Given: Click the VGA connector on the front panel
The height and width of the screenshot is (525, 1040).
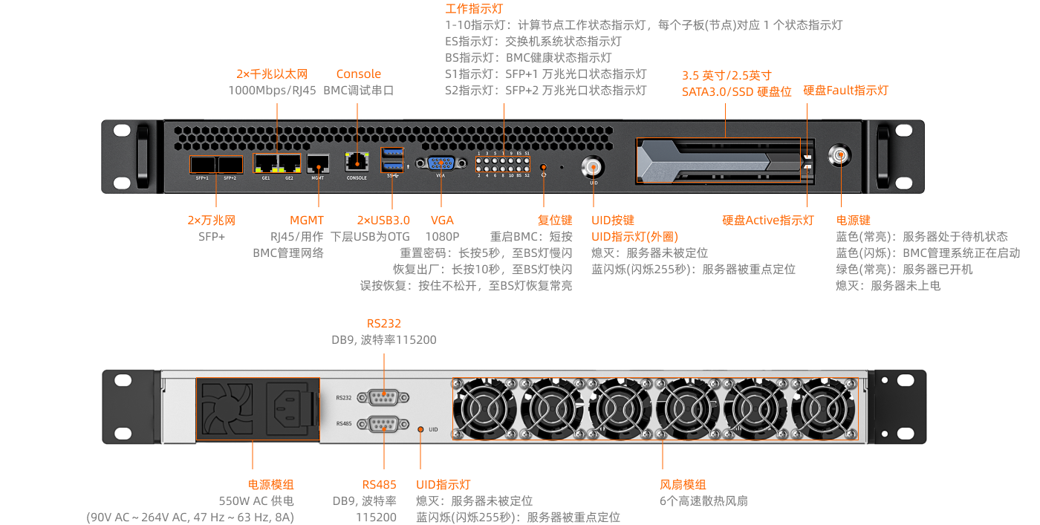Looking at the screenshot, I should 441,164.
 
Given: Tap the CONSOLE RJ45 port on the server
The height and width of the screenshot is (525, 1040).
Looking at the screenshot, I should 357,162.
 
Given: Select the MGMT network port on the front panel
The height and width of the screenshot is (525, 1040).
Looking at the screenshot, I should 318,163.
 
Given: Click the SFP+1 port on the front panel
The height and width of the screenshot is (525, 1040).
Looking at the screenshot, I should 202,164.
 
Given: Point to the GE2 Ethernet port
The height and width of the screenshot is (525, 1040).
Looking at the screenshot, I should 289,163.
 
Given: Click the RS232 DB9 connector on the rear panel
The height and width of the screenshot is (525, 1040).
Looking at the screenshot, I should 383,397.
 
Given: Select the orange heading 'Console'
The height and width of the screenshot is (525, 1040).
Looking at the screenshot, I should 358,74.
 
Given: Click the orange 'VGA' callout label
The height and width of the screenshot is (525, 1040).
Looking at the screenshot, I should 442,220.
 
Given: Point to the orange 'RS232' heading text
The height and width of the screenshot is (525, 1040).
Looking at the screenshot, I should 383,324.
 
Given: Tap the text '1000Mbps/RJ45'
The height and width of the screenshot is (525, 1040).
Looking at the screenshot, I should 271,90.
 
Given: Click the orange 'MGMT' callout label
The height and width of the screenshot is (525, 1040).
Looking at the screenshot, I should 307,220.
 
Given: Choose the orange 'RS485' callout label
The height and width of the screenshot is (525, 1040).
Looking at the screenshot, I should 380,485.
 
